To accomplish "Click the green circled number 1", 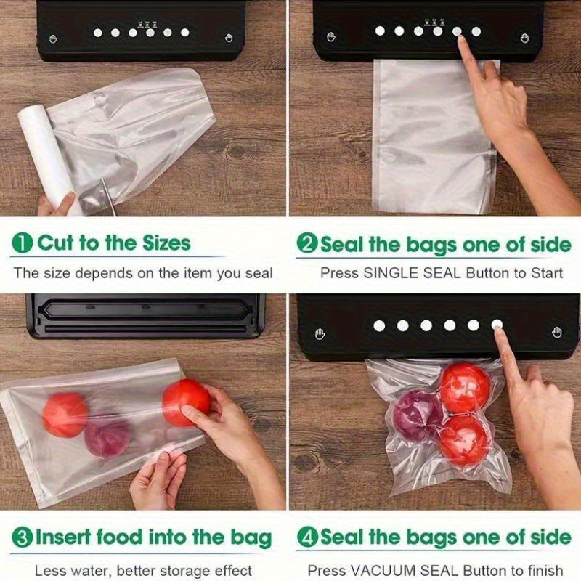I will tap(23, 243).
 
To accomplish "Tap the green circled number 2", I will tap(308, 243).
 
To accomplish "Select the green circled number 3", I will tap(23, 538).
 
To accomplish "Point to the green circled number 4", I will tap(308, 537).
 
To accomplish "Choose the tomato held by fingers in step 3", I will tap(185, 401).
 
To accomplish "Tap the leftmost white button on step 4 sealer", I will tap(379, 325).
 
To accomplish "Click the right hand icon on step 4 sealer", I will tap(557, 333).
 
